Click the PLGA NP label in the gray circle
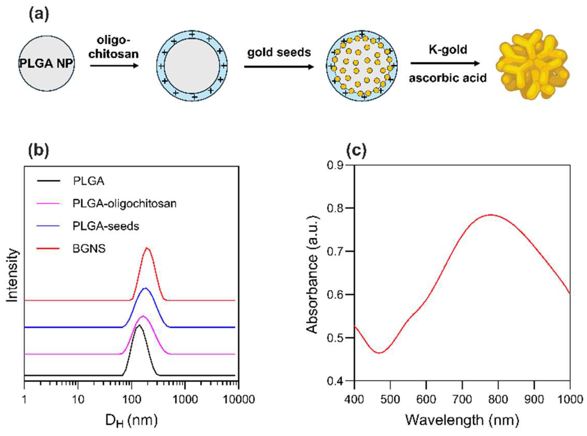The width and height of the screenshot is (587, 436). [46, 64]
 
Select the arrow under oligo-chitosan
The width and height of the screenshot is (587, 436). [114, 66]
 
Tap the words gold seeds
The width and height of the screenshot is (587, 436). [279, 52]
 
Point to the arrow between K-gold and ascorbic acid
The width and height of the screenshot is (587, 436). [445, 63]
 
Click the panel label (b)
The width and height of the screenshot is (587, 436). [38, 150]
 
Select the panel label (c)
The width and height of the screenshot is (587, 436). [356, 150]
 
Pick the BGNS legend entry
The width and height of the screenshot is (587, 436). [89, 249]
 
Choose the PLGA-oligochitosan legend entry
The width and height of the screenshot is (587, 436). [124, 203]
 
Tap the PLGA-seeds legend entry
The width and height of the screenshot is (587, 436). [106, 226]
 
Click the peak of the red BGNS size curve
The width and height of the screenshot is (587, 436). [147, 248]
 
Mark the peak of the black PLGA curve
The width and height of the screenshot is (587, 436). [139, 325]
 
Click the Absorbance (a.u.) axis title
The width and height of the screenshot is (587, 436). [312, 275]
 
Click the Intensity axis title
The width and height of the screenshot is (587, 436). [12, 275]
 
